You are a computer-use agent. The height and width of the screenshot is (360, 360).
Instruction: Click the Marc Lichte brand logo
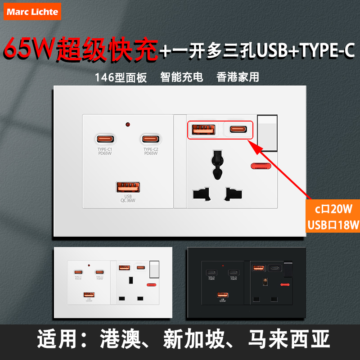tap(32, 12)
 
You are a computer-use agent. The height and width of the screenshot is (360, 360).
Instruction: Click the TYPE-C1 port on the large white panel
tap(105, 139)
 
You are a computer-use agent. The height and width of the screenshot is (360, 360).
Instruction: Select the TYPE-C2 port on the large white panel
tap(152, 139)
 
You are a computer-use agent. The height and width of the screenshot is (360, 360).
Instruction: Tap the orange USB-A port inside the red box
tap(203, 130)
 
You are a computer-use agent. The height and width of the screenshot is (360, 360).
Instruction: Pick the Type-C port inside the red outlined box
tap(238, 130)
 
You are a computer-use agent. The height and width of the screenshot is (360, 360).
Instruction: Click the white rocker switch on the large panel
tap(268, 133)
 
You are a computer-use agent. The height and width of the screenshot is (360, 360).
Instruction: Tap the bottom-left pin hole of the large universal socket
tap(201, 193)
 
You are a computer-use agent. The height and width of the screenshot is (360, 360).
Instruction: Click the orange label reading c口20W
tap(333, 210)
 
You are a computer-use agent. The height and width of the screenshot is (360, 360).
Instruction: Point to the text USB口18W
tap(333, 225)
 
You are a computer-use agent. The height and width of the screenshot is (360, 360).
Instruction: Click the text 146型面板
tap(121, 77)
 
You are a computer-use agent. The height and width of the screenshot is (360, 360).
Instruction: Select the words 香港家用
tap(238, 77)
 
